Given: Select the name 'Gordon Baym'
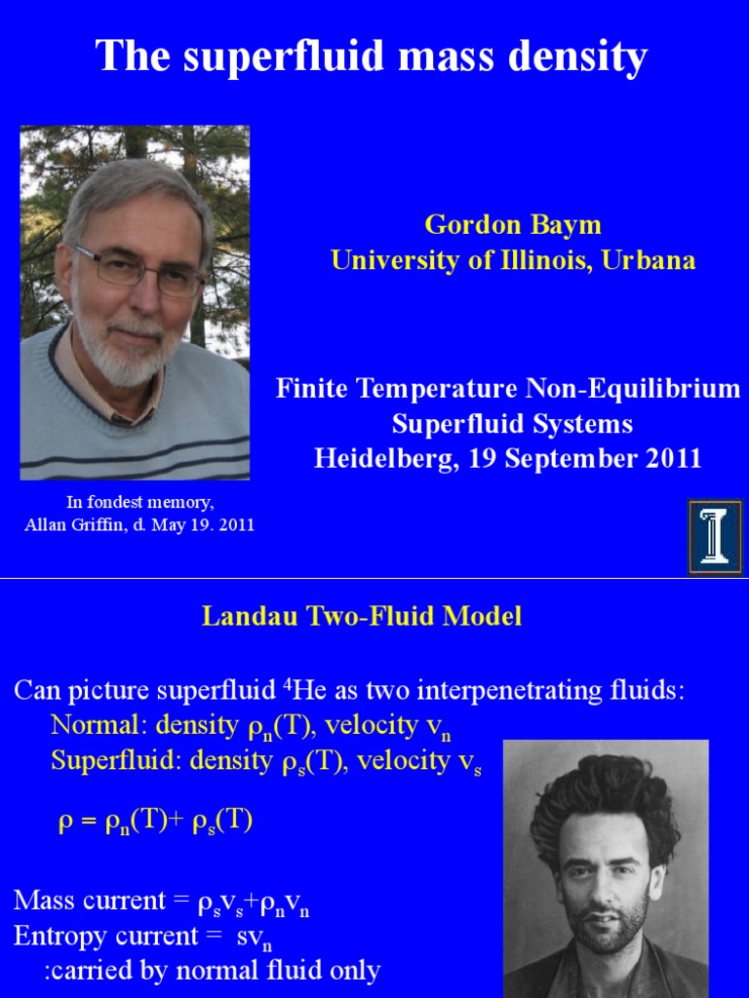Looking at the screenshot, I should (513, 225).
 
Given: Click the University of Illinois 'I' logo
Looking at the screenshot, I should (715, 535).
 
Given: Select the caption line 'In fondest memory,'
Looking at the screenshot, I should (139, 503).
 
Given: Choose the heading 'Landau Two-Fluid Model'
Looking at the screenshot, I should (362, 617).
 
